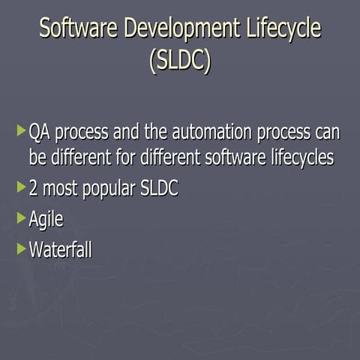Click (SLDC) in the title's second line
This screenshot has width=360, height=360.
[180, 61]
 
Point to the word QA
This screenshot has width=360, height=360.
[40, 134]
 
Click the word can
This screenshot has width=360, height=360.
[325, 134]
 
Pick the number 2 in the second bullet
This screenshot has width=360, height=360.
[34, 189]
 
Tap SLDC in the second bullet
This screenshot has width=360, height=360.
[159, 189]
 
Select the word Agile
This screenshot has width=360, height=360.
[46, 220]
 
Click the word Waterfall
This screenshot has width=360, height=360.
[60, 250]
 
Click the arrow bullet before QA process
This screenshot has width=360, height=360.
[20, 133]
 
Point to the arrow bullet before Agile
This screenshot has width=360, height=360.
[20, 218]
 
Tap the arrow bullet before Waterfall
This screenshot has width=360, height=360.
[20, 249]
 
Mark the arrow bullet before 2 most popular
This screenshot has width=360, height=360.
[20, 187]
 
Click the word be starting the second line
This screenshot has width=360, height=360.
[37, 158]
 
